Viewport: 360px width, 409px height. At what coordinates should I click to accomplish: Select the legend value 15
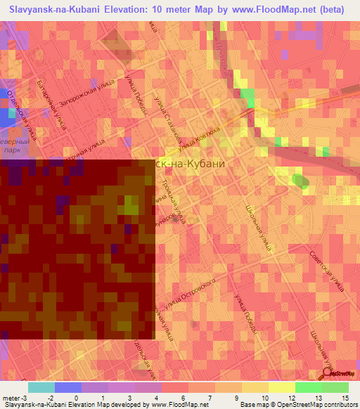pyautogui.click(x=345, y=396)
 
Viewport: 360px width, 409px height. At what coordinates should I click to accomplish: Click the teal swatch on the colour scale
pyautogui.click(x=41, y=387)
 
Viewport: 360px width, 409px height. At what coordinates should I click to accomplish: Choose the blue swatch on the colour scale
pyautogui.click(x=68, y=387)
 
